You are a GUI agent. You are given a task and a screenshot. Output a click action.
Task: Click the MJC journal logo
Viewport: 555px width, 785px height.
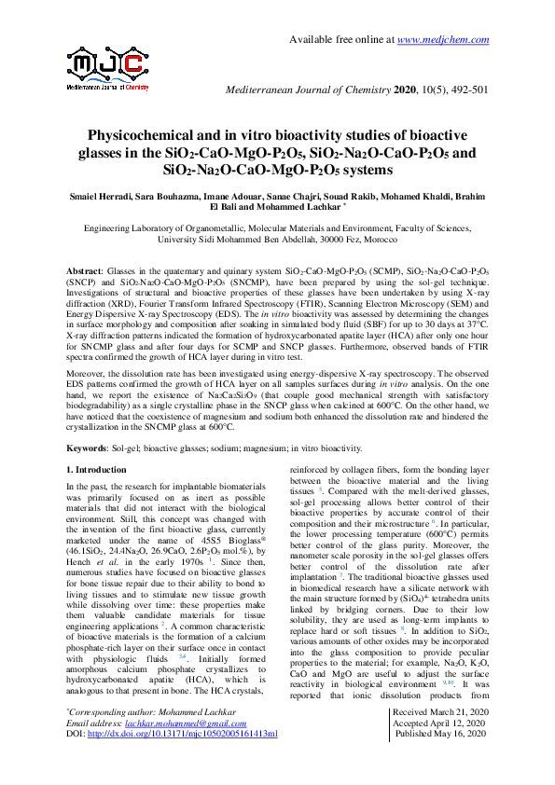click(108, 67)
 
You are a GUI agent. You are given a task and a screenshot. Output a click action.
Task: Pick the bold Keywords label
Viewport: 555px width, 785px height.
click(91, 448)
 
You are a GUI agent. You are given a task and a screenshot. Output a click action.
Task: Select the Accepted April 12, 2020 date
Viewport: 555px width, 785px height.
click(440, 749)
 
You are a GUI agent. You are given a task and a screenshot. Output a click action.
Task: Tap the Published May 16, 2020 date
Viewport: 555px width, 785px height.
click(441, 761)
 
